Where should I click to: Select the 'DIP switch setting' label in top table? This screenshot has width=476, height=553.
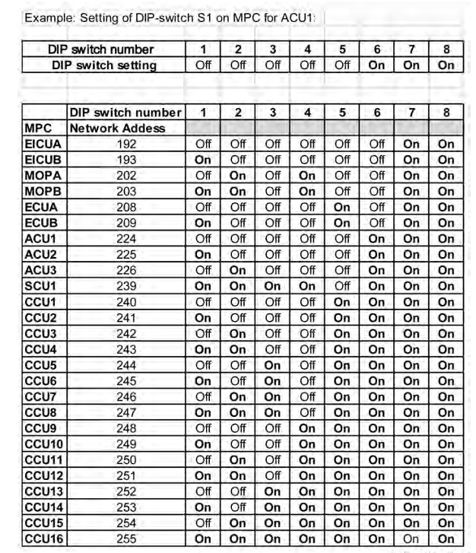pos(103,65)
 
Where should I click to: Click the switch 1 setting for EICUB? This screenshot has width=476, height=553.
pos(203,159)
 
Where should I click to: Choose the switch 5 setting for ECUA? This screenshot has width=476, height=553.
pos(342,207)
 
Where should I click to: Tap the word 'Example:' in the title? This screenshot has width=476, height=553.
pos(47,17)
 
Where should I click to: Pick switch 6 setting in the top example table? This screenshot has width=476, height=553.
pos(376,65)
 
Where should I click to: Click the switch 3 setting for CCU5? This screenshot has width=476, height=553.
pos(272,350)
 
